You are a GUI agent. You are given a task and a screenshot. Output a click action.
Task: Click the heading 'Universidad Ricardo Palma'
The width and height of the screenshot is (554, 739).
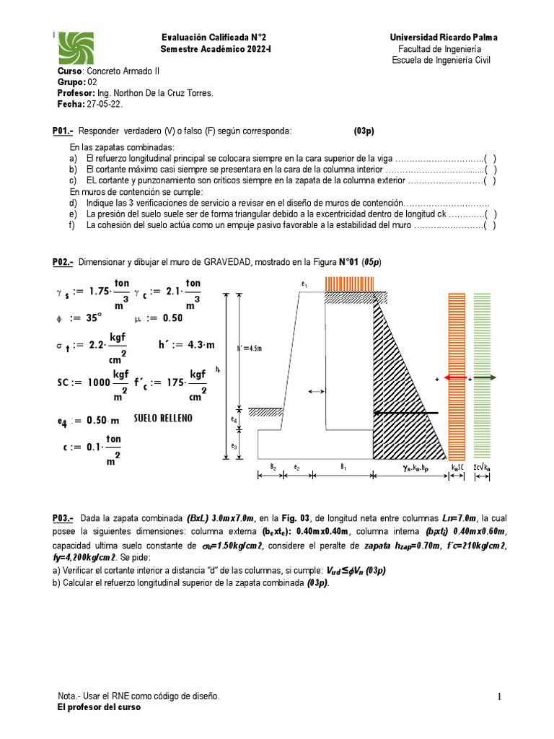443,37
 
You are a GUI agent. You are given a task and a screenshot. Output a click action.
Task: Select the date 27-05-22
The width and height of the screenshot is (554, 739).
105,104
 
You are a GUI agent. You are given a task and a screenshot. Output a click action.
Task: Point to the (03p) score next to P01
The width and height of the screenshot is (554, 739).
364,131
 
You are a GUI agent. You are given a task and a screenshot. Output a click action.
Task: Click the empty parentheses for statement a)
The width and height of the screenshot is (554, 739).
490,159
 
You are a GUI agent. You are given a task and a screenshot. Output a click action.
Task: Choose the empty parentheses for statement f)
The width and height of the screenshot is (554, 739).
490,224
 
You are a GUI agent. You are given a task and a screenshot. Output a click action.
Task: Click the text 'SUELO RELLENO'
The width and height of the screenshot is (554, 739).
164,419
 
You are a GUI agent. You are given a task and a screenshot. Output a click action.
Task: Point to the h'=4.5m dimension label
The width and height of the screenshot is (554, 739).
249,349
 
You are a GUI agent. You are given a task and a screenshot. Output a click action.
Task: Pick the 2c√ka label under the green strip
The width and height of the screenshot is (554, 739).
482,468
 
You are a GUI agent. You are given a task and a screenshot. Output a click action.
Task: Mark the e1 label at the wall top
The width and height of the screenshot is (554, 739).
304,285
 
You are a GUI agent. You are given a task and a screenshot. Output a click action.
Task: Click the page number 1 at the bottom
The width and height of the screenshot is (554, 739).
498,696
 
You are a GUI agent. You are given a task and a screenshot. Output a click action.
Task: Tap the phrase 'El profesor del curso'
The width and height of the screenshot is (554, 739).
99,707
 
